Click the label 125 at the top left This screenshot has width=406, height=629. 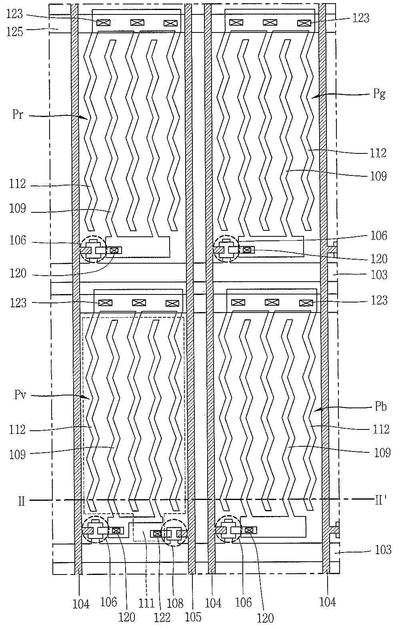(x=14, y=32)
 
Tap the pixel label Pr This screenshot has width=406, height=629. (x=17, y=115)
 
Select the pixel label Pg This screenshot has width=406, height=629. (x=379, y=94)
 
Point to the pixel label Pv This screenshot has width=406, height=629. (x=20, y=395)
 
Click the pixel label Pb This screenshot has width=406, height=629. (x=381, y=407)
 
